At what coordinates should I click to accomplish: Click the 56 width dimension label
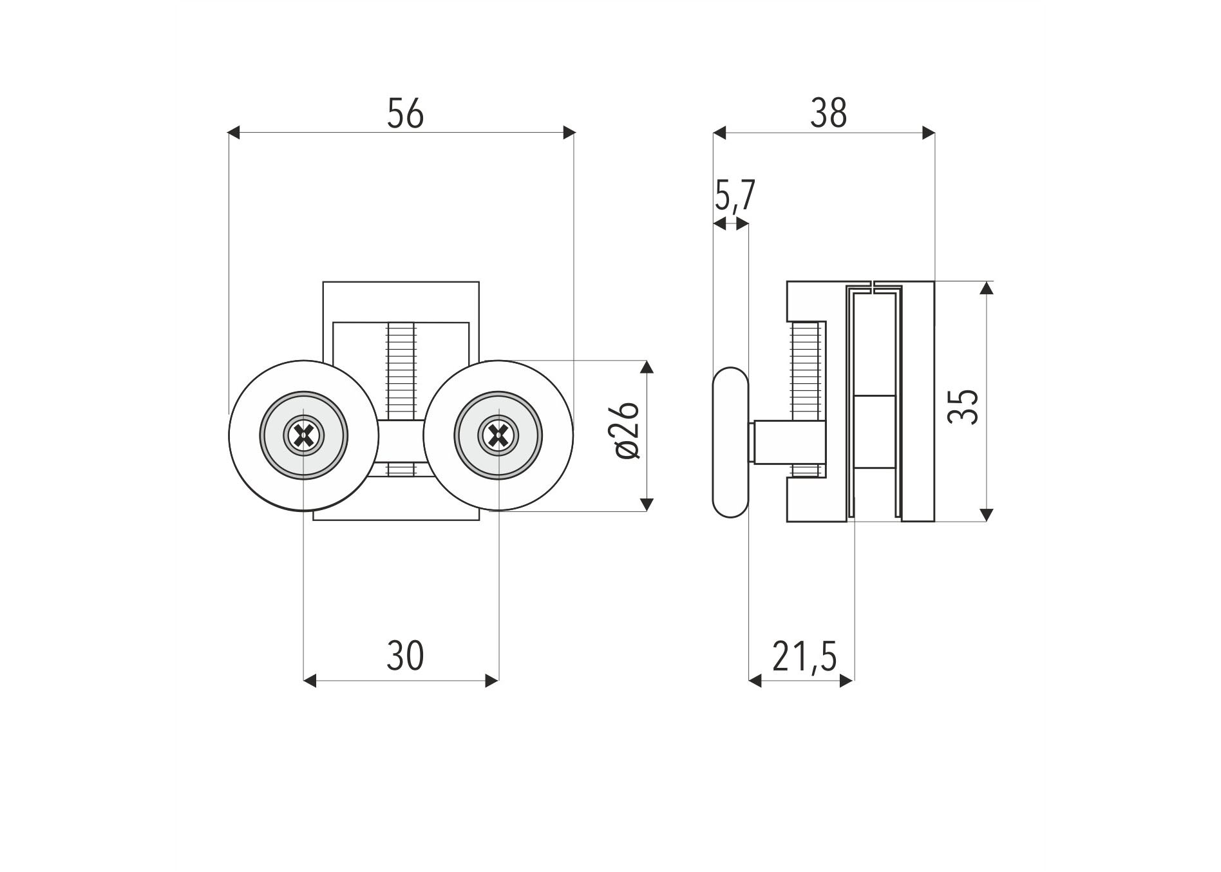tap(405, 113)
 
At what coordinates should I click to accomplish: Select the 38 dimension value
tap(829, 113)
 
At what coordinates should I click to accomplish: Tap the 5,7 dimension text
tap(734, 195)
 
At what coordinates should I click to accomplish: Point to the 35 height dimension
tap(963, 406)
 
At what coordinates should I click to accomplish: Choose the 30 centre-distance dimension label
tap(405, 656)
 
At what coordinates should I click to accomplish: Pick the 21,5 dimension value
tap(804, 657)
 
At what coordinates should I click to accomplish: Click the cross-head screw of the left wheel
tap(303, 436)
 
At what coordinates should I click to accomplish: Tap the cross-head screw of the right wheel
tap(498, 436)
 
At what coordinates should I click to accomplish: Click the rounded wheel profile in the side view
tap(730, 442)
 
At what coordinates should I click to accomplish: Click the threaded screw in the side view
tap(805, 399)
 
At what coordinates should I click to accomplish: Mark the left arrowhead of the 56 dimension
tap(234, 133)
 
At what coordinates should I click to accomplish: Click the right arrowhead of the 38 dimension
tap(929, 133)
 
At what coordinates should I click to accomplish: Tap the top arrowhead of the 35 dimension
tap(986, 288)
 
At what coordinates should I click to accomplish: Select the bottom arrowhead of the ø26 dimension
tap(648, 505)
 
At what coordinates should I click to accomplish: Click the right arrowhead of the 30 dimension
tap(492, 681)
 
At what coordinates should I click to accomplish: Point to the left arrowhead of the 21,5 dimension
tap(755, 681)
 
